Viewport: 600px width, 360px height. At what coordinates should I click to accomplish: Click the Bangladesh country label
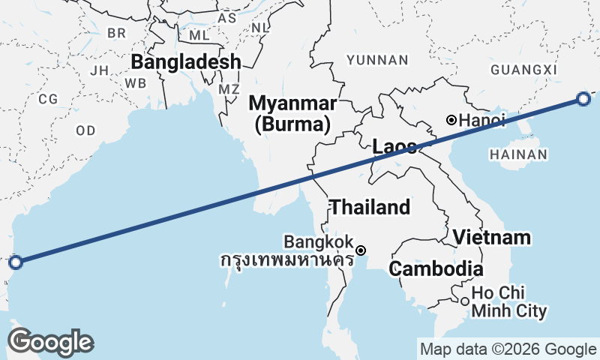pyautogui.click(x=187, y=61)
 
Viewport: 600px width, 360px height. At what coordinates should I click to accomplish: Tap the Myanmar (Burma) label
pyautogui.click(x=292, y=112)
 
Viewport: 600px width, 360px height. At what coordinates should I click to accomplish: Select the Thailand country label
pyautogui.click(x=370, y=207)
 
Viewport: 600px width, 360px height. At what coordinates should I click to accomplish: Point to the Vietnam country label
pyautogui.click(x=491, y=238)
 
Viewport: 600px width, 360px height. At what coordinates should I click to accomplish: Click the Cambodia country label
pyautogui.click(x=436, y=268)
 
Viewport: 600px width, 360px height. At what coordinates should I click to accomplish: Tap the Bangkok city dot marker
pyautogui.click(x=361, y=250)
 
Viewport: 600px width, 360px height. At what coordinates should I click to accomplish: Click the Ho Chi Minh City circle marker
pyautogui.click(x=465, y=301)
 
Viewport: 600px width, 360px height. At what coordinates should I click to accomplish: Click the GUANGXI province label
pyautogui.click(x=525, y=70)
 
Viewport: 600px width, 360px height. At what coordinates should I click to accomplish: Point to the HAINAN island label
pyautogui.click(x=518, y=154)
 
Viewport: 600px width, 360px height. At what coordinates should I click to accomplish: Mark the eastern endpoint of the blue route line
pyautogui.click(x=583, y=98)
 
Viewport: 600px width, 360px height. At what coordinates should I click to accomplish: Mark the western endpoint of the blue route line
pyautogui.click(x=15, y=262)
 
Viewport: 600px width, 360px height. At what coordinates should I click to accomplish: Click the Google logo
pyautogui.click(x=50, y=342)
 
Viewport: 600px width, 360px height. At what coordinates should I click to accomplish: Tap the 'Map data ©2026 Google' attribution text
pyautogui.click(x=508, y=349)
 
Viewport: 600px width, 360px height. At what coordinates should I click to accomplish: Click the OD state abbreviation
pyautogui.click(x=85, y=130)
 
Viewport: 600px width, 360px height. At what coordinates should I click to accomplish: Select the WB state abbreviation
pyautogui.click(x=136, y=82)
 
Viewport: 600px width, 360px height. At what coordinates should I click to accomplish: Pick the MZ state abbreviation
pyautogui.click(x=229, y=89)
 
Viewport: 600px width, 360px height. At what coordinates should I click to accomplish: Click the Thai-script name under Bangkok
pyautogui.click(x=287, y=261)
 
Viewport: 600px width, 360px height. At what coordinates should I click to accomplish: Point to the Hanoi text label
pyautogui.click(x=482, y=120)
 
